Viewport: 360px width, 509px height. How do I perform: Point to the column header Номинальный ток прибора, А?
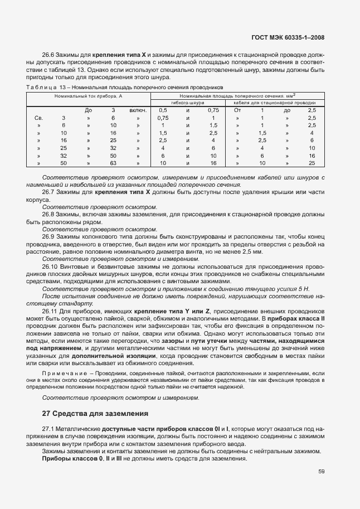pos(88,96)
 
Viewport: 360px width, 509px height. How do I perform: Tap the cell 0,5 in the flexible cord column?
pos(163,110)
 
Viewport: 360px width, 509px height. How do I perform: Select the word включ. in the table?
pos(138,110)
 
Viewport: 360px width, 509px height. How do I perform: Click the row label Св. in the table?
pos(39,118)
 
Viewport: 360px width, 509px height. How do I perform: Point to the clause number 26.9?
pos(50,236)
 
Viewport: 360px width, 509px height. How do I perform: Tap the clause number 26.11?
pos(51,310)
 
